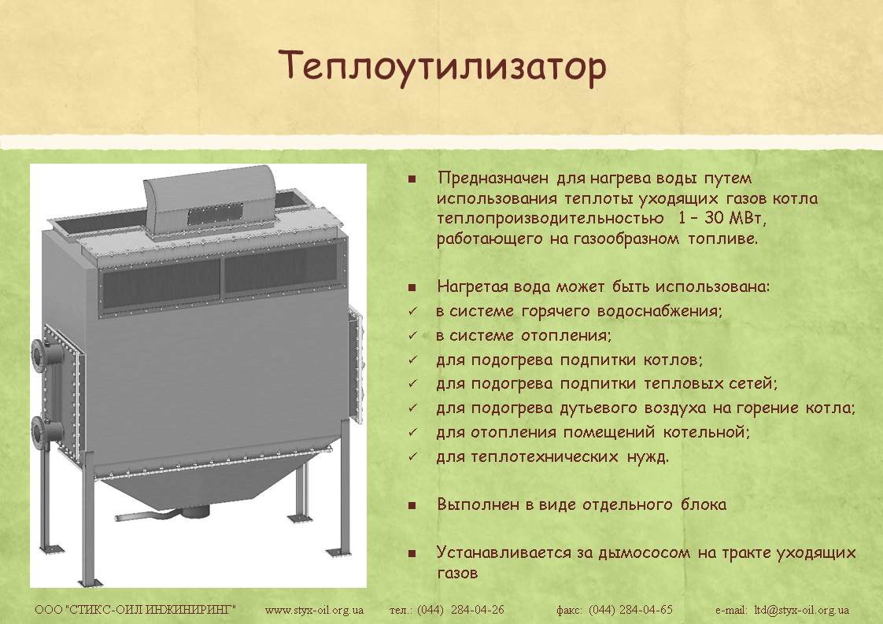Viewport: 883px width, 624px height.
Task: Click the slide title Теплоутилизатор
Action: tap(442, 66)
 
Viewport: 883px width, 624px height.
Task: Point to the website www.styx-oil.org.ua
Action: tap(314, 609)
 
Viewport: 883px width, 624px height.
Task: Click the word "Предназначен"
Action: tap(493, 179)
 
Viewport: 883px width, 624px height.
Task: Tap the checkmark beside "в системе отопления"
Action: tap(413, 336)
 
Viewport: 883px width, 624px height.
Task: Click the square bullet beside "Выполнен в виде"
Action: tap(412, 505)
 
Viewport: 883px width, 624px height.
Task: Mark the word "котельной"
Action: tap(706, 433)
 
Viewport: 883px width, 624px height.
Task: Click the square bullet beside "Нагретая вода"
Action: tap(412, 288)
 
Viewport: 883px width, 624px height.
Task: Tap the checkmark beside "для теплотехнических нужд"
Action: tap(413, 456)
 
